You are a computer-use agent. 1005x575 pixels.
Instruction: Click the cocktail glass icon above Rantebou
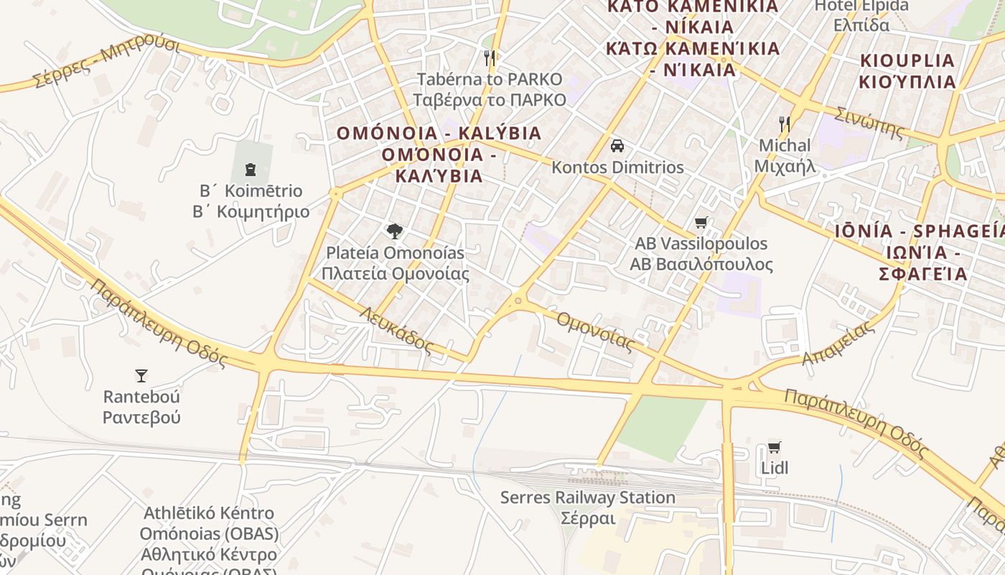coord(141,375)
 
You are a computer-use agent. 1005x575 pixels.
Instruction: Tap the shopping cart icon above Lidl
coord(774,447)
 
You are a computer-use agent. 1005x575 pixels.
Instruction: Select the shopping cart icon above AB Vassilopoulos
coord(701,222)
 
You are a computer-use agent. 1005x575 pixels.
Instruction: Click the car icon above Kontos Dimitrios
coord(617,146)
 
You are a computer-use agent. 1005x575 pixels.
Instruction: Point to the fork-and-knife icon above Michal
coord(785,124)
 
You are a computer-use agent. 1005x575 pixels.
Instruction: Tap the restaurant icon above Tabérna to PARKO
coord(490,57)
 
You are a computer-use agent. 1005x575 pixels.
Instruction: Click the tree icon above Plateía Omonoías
coord(394,231)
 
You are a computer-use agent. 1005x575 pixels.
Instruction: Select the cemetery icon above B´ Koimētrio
coord(251,170)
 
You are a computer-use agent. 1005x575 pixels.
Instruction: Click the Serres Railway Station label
coord(587,497)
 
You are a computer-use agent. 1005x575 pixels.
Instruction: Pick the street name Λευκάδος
coord(397,329)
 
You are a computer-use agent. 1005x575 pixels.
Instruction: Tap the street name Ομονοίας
coord(595,330)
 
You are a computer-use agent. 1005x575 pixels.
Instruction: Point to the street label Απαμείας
coord(838,342)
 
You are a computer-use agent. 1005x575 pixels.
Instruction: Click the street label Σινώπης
coord(869,122)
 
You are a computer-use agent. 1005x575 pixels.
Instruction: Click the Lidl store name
coord(775,468)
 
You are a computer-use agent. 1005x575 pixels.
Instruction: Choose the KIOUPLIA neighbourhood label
coord(907,60)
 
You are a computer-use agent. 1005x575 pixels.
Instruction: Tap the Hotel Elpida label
coord(861,6)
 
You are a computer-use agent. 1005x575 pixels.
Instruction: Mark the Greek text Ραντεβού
coord(141,418)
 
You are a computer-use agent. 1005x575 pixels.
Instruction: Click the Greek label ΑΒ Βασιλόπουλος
coord(701,264)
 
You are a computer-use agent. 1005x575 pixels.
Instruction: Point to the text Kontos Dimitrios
coord(617,167)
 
